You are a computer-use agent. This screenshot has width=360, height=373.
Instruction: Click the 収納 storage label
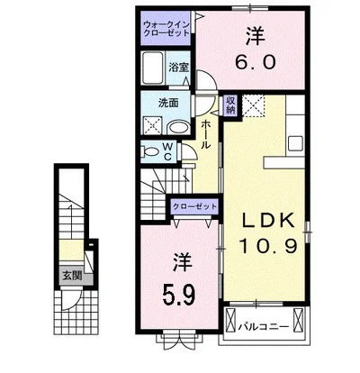(x=230, y=105)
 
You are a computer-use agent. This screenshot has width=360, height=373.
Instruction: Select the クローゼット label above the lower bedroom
(x=194, y=206)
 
